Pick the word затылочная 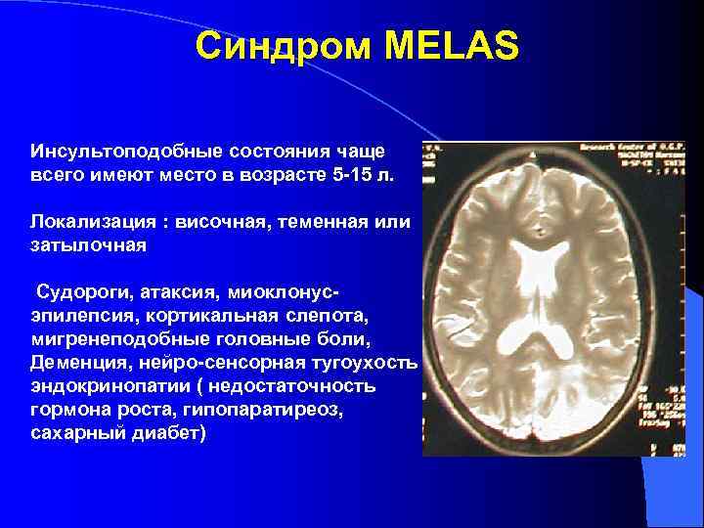pyautogui.click(x=88, y=245)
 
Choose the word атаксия pyautogui.click(x=181, y=292)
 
